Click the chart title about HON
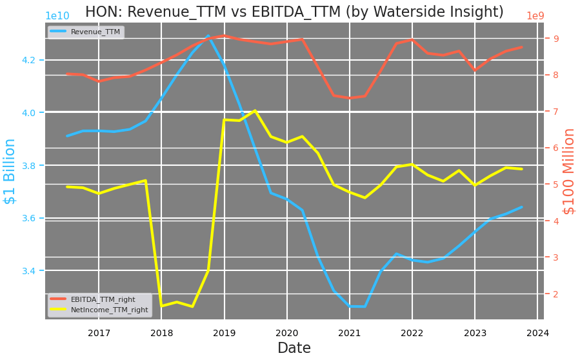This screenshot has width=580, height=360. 294,12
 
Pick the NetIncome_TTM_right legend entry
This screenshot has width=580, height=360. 109,310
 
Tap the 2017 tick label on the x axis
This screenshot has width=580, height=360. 99,333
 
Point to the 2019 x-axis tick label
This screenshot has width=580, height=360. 225,333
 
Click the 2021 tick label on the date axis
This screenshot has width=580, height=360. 350,333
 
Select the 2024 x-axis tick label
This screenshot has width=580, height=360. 537,333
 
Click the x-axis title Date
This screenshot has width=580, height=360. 294,348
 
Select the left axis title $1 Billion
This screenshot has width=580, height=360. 10,171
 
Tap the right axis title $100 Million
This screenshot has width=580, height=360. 569,171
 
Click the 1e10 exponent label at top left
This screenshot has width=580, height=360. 57,16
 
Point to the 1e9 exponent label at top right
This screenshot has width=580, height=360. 535,16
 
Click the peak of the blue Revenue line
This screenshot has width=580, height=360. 208,36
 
